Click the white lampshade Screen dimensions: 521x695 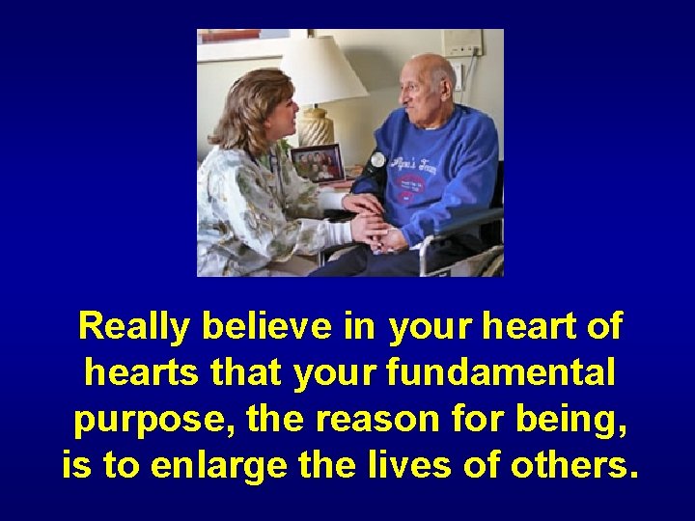tap(322, 71)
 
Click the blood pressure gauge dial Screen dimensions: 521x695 tap(376, 160)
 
